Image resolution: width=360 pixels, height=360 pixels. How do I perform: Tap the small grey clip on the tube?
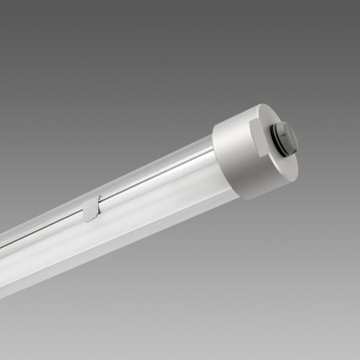point(91,209)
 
